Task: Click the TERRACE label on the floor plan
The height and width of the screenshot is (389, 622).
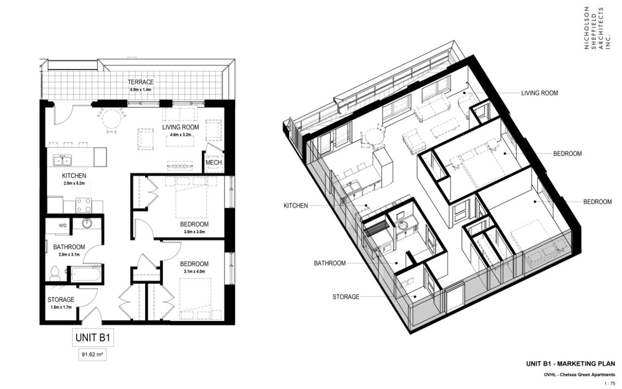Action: click(x=141, y=82)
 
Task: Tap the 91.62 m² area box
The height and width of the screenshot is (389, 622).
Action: click(x=92, y=355)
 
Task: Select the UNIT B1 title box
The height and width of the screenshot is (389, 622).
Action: click(x=93, y=338)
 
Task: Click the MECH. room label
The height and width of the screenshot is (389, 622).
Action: click(x=214, y=162)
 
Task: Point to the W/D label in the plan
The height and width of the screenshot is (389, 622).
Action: click(x=63, y=226)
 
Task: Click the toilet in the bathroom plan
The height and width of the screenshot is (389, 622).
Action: click(x=55, y=273)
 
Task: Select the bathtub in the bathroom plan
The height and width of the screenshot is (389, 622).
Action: click(x=86, y=274)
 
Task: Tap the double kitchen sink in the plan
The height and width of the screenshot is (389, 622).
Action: click(x=63, y=160)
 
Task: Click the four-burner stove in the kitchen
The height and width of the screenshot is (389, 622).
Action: click(x=84, y=205)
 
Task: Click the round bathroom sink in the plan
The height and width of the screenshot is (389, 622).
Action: click(x=87, y=223)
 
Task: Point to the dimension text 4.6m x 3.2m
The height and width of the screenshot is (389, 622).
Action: click(x=181, y=135)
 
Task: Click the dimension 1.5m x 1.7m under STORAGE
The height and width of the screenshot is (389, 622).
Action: click(x=61, y=307)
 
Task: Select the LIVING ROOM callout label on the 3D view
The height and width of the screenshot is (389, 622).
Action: click(x=540, y=93)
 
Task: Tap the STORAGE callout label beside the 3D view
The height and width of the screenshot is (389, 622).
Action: click(x=346, y=297)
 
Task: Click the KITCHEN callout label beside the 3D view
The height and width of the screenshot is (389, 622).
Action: click(x=296, y=206)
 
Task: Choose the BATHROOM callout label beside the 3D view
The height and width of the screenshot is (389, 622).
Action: click(x=330, y=263)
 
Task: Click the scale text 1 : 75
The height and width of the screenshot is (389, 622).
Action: click(x=609, y=384)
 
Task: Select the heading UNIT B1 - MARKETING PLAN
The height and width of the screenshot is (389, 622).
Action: click(x=571, y=364)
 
